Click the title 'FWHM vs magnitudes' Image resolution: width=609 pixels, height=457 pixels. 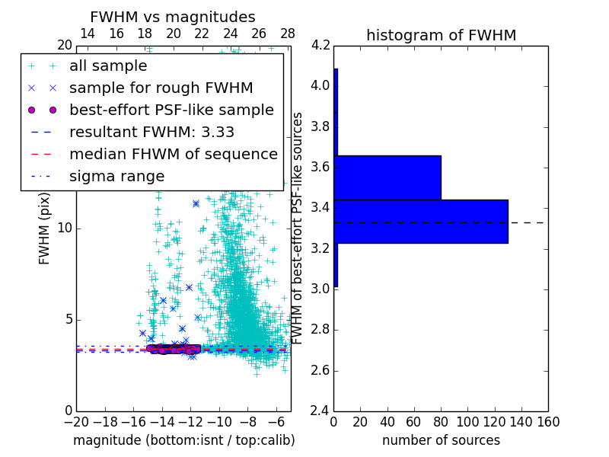pyautogui.click(x=172, y=17)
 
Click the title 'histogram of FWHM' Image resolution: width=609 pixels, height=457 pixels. pyautogui.click(x=441, y=35)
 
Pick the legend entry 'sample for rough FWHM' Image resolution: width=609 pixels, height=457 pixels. pyautogui.click(x=161, y=88)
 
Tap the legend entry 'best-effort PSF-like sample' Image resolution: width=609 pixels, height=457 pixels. pyautogui.click(x=171, y=110)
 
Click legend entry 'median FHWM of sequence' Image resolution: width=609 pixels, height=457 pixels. pyautogui.click(x=173, y=154)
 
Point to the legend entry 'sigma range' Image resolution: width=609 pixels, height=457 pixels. pyautogui.click(x=116, y=176)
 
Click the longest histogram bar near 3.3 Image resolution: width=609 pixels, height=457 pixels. pyautogui.click(x=420, y=221)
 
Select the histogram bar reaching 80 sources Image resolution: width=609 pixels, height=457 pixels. pyautogui.click(x=387, y=177)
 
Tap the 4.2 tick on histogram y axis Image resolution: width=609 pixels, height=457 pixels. pyautogui.click(x=320, y=45)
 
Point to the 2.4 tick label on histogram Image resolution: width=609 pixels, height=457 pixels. pyautogui.click(x=320, y=411)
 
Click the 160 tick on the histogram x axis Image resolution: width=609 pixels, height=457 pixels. pyautogui.click(x=547, y=422)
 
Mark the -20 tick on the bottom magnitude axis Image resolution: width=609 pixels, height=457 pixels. pyautogui.click(x=76, y=422)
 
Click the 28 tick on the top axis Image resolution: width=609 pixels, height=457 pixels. pyautogui.click(x=287, y=34)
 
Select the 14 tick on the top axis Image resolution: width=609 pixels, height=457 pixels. pyautogui.click(x=88, y=34)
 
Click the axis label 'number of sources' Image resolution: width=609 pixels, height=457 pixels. pyautogui.click(x=441, y=440)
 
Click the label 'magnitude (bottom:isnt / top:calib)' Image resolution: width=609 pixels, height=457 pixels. pyautogui.click(x=183, y=440)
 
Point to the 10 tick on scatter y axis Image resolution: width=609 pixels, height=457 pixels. pyautogui.click(x=64, y=228)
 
